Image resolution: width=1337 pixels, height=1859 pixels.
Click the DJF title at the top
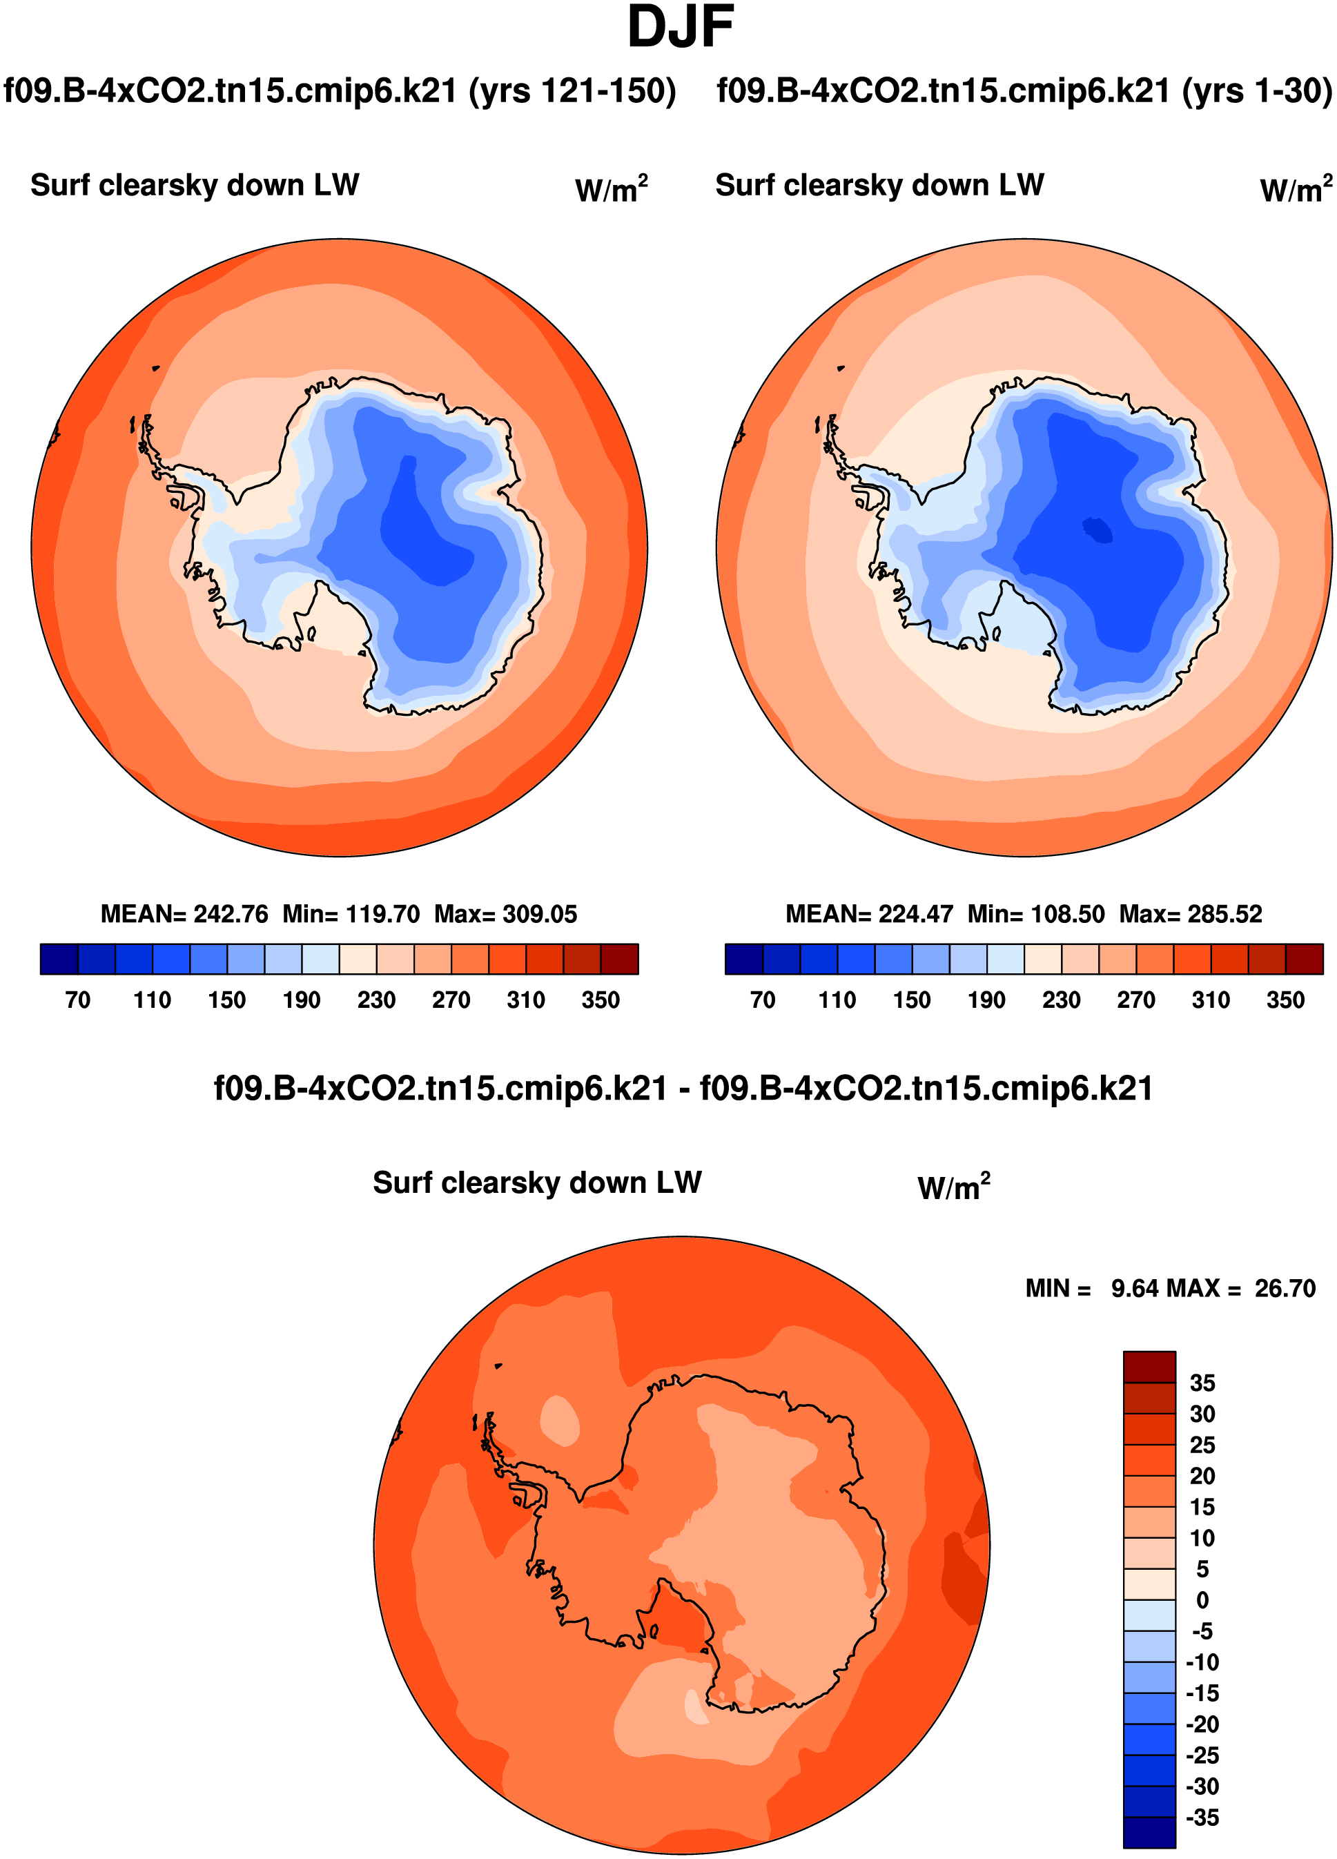pos(680,28)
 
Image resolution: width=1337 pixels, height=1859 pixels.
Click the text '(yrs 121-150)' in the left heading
pos(572,91)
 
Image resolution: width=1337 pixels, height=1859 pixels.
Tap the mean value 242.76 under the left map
pos(231,914)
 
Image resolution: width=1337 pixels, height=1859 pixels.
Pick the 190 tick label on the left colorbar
pos(302,1000)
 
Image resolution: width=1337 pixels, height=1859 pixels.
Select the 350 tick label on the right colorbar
pos(1285,1000)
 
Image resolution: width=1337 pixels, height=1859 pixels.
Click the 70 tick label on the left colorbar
pos(78,1000)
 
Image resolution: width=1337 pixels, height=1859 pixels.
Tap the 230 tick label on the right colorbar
pos(1061,1000)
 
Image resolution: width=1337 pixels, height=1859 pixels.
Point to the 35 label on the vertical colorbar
pos(1202,1383)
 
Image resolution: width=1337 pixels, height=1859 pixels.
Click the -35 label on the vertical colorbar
pos(1202,1818)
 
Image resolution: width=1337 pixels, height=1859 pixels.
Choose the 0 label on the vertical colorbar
pos(1202,1600)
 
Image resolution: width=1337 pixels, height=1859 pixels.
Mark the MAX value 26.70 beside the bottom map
pos(1285,1289)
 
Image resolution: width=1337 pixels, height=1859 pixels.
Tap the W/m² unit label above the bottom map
pos(953,1187)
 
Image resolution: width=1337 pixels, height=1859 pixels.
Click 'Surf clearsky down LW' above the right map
pos(879,185)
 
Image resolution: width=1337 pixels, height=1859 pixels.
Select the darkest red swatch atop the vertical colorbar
pos(1149,1366)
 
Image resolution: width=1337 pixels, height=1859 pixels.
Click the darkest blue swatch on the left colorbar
pos(59,959)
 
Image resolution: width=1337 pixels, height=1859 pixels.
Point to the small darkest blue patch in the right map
pos(1097,529)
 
